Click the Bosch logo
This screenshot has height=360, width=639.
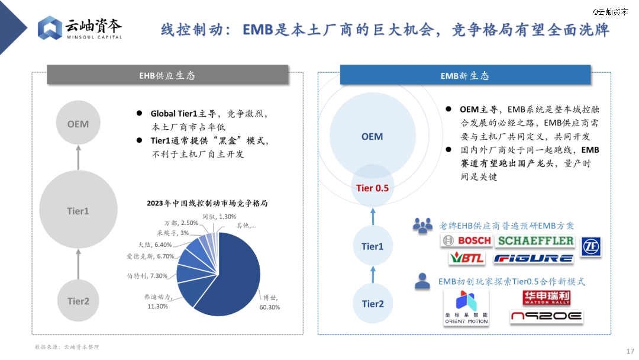point(467,240)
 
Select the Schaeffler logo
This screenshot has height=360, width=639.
point(535,240)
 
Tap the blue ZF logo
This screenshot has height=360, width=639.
point(591,247)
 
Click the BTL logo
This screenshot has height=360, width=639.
point(467,258)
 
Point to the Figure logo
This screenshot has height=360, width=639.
point(534,258)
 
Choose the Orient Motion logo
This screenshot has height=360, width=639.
point(466,307)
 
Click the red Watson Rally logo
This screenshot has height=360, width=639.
point(546,298)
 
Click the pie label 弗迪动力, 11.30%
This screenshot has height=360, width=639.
point(158,301)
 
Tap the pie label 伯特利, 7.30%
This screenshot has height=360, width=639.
point(147,276)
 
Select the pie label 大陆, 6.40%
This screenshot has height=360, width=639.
point(155,245)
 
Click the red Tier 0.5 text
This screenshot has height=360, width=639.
point(373,188)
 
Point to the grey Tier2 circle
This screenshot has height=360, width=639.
point(78,301)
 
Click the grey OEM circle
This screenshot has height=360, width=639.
point(78,123)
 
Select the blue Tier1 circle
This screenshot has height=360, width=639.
point(373,246)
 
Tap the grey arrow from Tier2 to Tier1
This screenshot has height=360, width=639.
point(78,264)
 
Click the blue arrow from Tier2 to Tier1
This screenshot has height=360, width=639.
point(373,274)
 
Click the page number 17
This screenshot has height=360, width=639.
point(630,351)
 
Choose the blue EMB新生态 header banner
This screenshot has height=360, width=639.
point(465,75)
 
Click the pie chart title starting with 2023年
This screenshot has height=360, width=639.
point(207,203)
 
